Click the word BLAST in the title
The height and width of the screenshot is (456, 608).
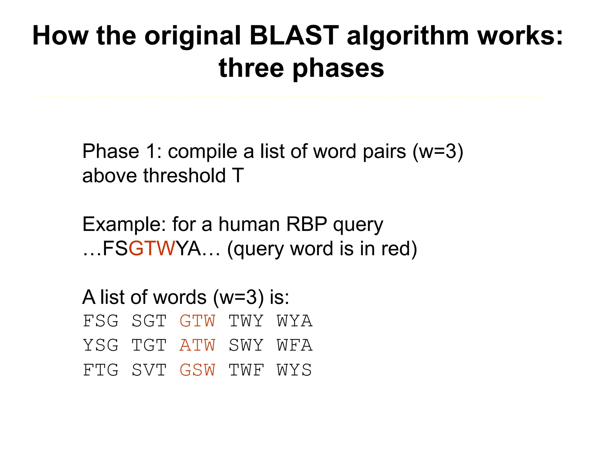[x=294, y=36]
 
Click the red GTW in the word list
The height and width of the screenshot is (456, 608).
[x=197, y=321]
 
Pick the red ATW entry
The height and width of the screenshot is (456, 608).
[x=197, y=345]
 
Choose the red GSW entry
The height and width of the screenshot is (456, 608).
[x=197, y=370]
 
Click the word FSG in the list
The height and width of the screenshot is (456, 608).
[x=101, y=321]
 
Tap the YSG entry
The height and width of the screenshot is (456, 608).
[x=101, y=345]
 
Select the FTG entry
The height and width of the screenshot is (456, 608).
[x=101, y=370]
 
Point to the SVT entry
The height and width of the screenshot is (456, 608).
[x=149, y=370]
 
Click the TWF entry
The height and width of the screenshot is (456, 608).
[x=246, y=370]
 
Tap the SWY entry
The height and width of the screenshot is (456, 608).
[x=246, y=345]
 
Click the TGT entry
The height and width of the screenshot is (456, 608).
[x=149, y=345]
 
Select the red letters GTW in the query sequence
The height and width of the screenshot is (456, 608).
[x=152, y=248]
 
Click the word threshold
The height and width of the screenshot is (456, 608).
[x=184, y=175]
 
